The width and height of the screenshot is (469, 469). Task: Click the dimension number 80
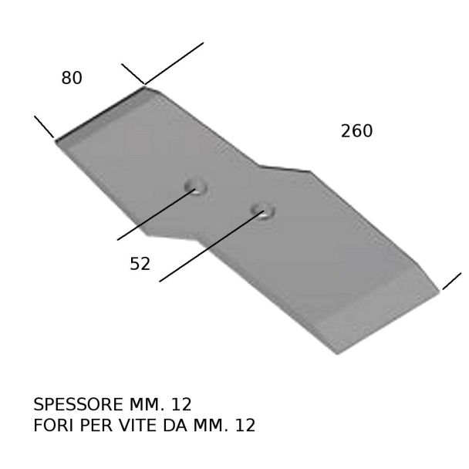72,78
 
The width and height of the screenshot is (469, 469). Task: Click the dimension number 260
357,131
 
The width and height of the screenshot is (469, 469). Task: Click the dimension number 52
140,264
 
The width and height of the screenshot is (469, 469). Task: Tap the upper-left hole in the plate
196,187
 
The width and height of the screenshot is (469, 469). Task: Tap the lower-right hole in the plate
263,211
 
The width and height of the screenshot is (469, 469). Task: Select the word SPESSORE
79,404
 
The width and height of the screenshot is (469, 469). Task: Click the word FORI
53,425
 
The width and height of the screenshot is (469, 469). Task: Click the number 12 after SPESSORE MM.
181,404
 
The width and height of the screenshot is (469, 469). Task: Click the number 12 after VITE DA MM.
245,425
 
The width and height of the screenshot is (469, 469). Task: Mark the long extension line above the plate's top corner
174,63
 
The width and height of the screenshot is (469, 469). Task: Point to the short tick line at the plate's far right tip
452,281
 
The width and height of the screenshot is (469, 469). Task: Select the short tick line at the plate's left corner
44,127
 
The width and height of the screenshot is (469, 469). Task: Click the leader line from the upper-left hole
157,214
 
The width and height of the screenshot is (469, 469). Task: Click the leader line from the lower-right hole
211,246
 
